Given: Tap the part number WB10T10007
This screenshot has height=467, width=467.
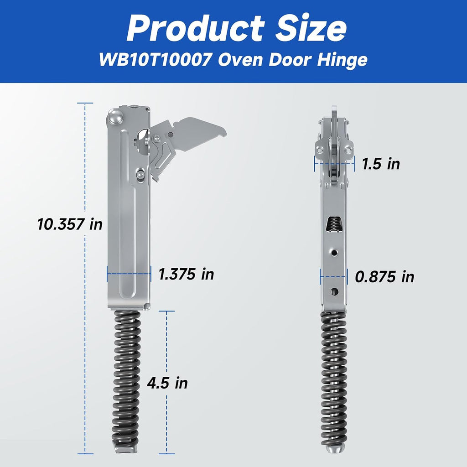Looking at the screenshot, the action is coord(156,60).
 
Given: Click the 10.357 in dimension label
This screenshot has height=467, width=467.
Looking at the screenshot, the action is coord(70,224).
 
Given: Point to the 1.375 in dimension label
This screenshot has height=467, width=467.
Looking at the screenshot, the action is coord(186,274).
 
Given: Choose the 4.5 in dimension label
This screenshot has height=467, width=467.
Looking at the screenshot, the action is coord(167,383).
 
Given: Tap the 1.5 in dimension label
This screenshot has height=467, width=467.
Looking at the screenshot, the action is coord(381,164).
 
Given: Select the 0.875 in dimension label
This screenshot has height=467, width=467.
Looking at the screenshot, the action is coord(384,277).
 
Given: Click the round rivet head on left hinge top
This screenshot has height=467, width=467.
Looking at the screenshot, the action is coord(116,117).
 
